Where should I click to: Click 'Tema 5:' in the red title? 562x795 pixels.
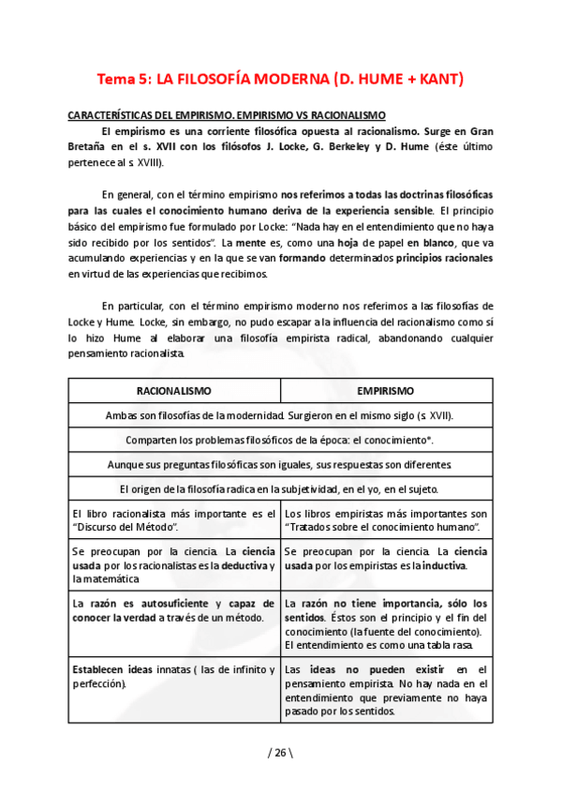click(x=124, y=79)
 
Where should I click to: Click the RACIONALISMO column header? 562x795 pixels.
click(x=174, y=389)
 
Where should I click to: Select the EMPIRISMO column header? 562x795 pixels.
click(x=386, y=389)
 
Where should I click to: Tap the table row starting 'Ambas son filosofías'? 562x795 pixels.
click(x=280, y=414)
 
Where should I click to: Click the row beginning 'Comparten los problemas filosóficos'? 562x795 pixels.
click(x=280, y=439)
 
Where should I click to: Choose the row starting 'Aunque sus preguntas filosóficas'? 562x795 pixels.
click(x=280, y=464)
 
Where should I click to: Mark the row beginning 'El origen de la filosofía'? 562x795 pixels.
click(x=280, y=488)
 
